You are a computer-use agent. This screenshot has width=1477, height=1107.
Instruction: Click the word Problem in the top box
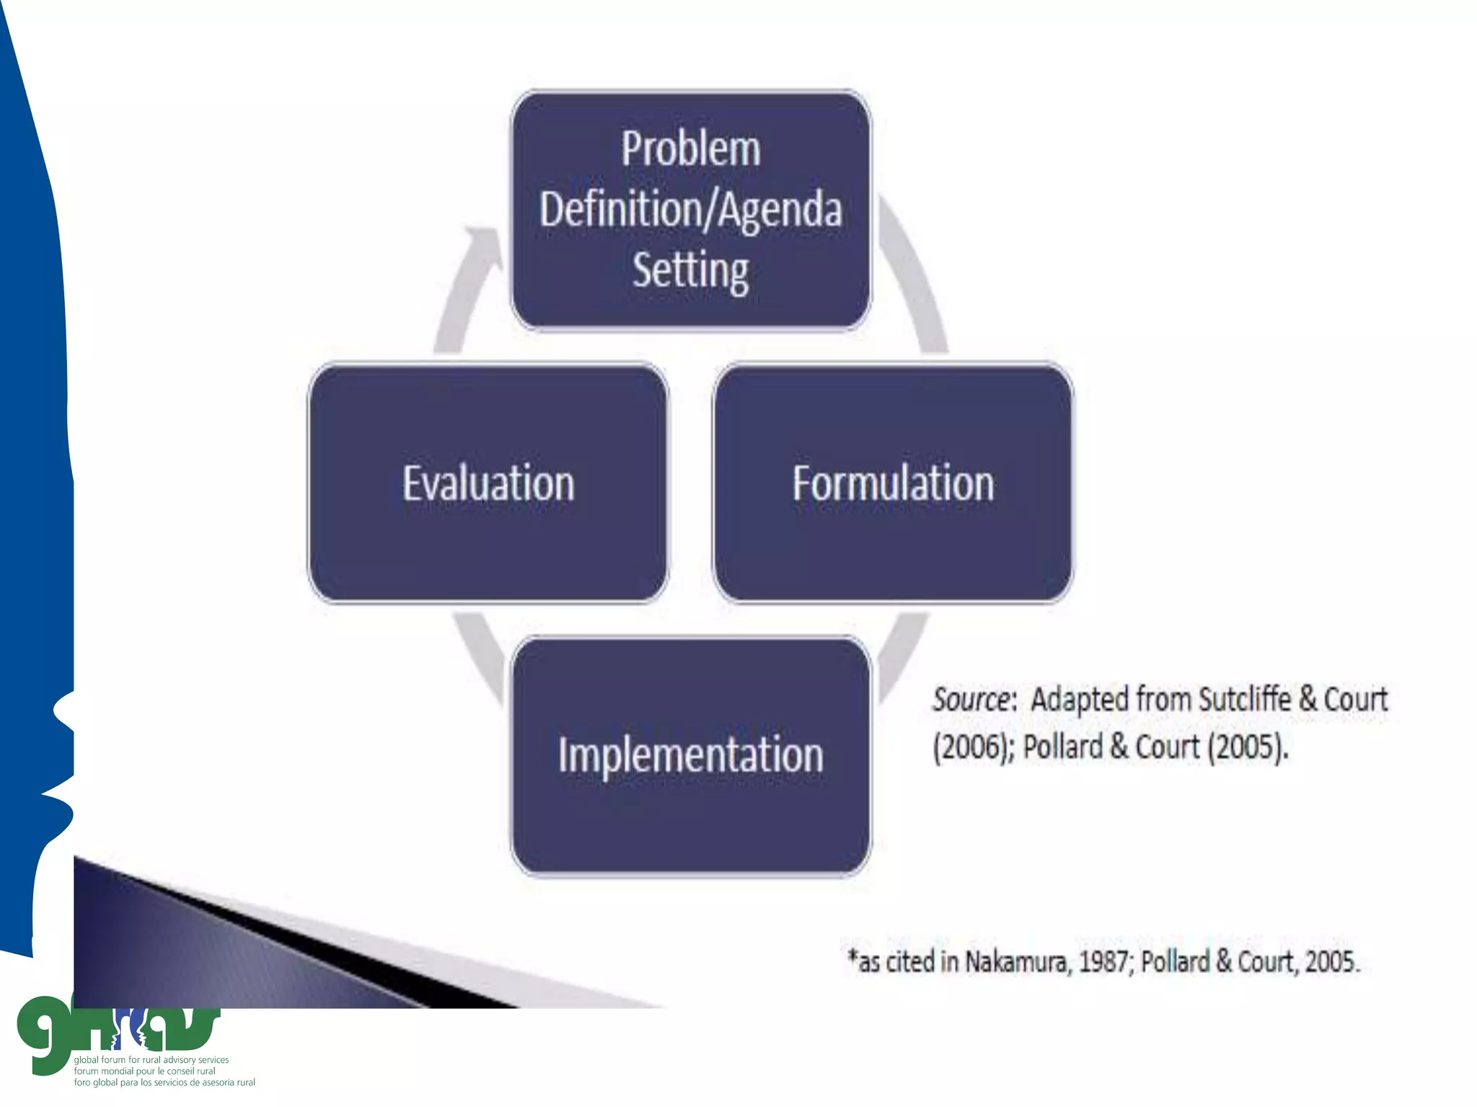pyautogui.click(x=691, y=149)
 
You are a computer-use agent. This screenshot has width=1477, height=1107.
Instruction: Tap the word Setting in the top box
pyautogui.click(x=691, y=270)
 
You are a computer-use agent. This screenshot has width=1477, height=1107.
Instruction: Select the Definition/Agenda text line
pyautogui.click(x=691, y=210)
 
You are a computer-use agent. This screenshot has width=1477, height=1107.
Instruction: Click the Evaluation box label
pyautogui.click(x=488, y=483)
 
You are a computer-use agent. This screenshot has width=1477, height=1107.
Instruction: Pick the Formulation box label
pyautogui.click(x=893, y=483)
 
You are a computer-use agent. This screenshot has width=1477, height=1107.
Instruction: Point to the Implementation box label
pyautogui.click(x=691, y=755)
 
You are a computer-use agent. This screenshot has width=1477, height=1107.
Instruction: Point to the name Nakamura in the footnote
pyautogui.click(x=1015, y=961)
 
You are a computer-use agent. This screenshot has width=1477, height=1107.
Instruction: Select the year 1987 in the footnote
pyautogui.click(x=1103, y=961)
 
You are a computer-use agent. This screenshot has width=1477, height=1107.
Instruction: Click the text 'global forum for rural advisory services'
pyautogui.click(x=151, y=1060)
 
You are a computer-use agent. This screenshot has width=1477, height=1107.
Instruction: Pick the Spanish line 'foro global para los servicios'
pyautogui.click(x=164, y=1082)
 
